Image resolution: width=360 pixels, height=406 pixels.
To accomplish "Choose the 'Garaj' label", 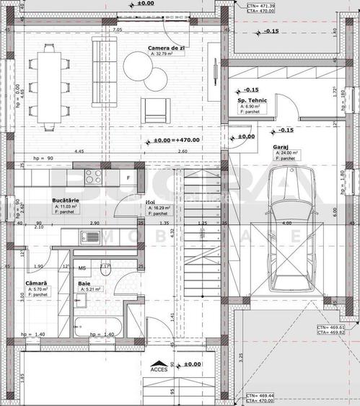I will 281,146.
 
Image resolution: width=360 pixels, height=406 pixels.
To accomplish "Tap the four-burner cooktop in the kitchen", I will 92,175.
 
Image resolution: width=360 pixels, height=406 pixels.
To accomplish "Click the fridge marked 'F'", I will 127,176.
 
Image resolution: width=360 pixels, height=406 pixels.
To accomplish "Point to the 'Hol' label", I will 150,203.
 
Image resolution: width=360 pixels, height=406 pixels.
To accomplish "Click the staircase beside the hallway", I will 200,238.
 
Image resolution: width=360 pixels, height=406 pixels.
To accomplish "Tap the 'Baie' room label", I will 84,283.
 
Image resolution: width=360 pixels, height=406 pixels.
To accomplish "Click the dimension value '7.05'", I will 118,30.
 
